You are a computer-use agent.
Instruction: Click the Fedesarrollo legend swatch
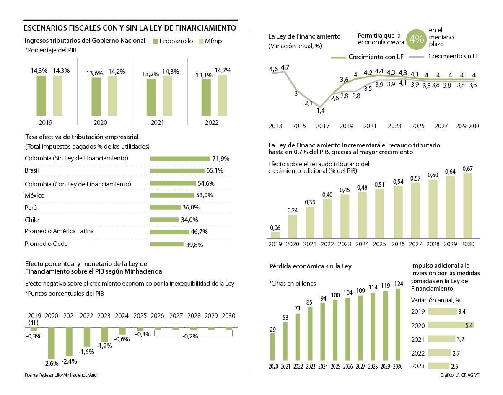pos(156,41)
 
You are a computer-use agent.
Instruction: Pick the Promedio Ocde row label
pos(46,243)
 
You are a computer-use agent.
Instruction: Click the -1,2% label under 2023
pos(104,346)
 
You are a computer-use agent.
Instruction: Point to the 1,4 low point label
pos(321,111)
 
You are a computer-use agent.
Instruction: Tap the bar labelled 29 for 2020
pos(273,347)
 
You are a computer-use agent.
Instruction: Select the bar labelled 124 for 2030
pos(398,324)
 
